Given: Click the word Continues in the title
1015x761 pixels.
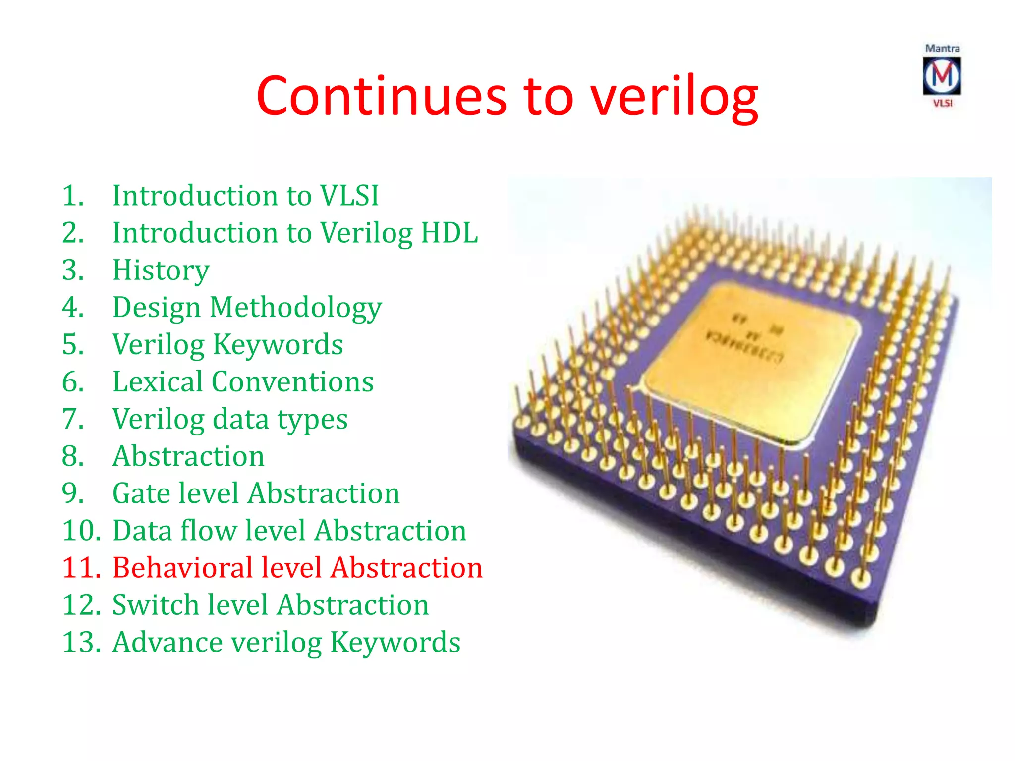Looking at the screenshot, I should (382, 97).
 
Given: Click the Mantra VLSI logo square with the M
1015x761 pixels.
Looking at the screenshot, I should (942, 76).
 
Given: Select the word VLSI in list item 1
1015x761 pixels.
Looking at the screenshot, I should (349, 195).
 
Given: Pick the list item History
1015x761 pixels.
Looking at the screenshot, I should (161, 270).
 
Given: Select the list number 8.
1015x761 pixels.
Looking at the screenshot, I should (73, 456).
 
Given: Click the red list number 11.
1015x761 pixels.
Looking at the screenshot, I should (81, 568).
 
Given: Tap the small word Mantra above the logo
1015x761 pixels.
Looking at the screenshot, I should (942, 49).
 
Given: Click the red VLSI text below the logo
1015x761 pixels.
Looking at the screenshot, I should (943, 103).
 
